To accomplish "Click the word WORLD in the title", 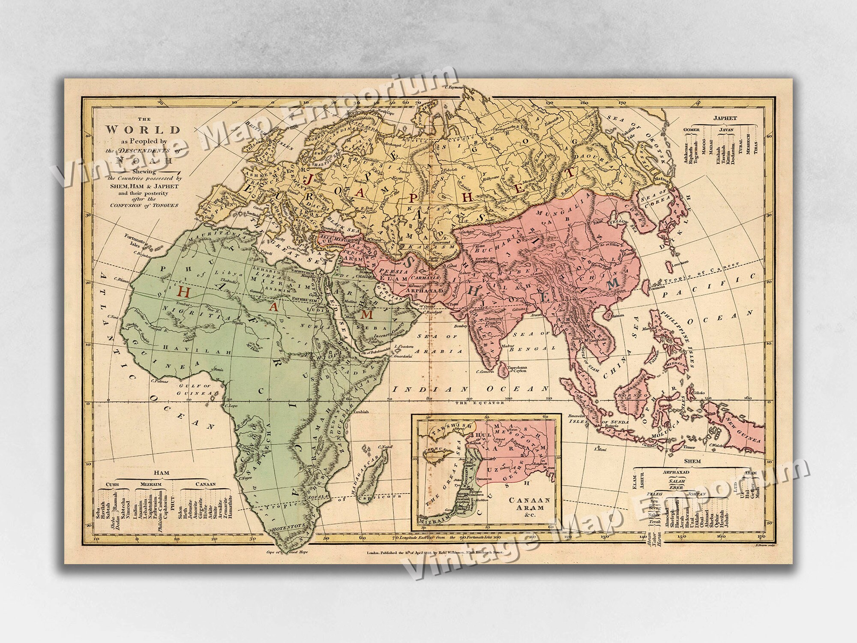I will [x=143, y=129].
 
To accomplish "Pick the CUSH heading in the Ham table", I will [x=112, y=484].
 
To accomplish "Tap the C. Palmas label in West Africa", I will [x=159, y=381].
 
